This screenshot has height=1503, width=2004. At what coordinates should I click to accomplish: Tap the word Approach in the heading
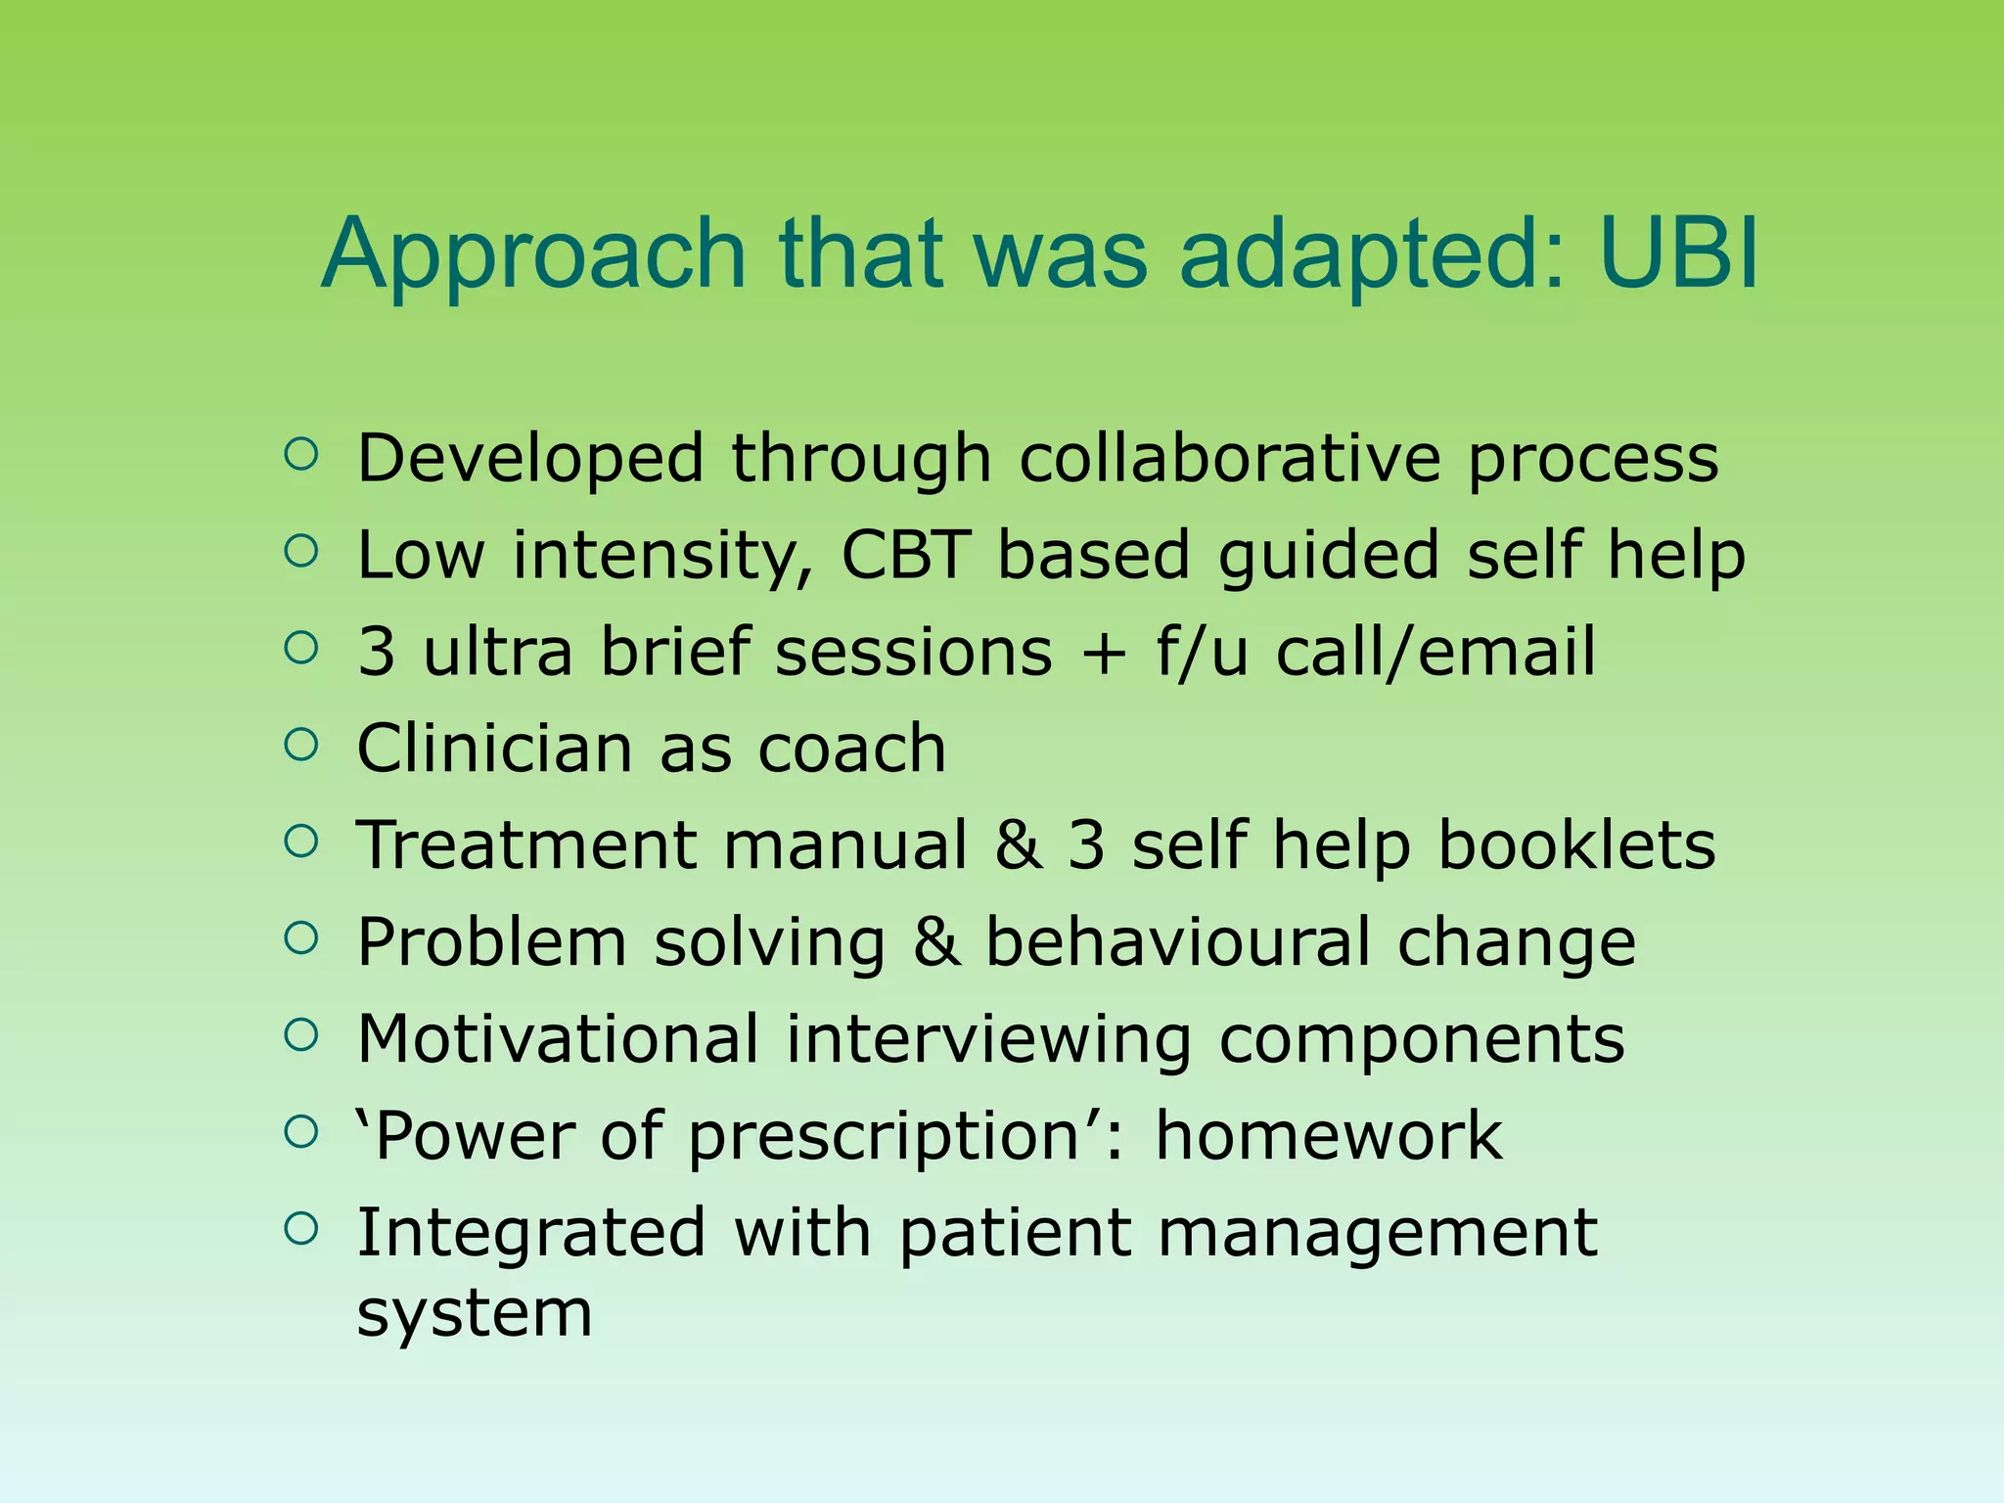[533, 256]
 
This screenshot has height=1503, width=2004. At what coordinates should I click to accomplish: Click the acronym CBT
[905, 555]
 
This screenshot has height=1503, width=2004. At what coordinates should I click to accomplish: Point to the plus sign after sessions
[1105, 653]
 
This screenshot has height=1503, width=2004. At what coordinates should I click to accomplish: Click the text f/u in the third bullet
[1202, 651]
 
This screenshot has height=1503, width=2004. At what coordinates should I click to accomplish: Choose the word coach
[851, 749]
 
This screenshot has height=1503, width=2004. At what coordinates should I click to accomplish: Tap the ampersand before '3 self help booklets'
[1018, 844]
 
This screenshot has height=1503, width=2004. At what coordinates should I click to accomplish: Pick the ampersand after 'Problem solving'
[936, 941]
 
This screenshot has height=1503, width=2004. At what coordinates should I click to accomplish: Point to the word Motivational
[558, 1038]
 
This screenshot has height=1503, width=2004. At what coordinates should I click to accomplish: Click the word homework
[1328, 1135]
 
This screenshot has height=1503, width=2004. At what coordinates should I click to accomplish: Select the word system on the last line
[475, 1313]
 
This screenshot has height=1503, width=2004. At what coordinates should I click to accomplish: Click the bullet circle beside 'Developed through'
[301, 454]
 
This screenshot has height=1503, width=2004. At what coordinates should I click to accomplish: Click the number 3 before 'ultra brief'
[377, 652]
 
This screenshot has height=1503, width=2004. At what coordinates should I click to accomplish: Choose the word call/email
[1435, 651]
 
